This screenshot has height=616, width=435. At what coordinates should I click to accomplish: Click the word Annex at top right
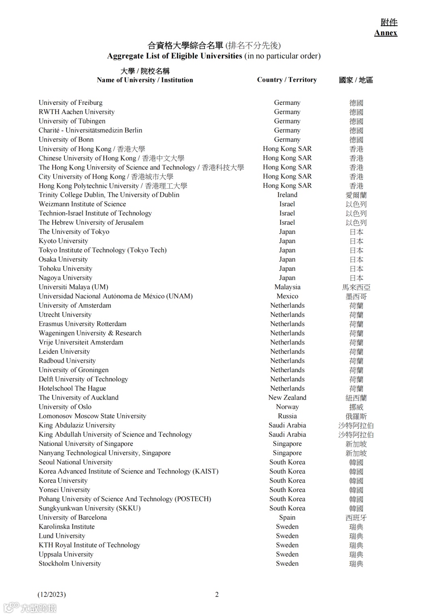(x=385, y=33)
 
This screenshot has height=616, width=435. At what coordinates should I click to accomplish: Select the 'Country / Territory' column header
(x=287, y=80)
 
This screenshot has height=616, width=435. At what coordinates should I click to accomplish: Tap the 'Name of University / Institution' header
(x=145, y=80)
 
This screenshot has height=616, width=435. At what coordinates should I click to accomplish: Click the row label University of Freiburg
(x=70, y=103)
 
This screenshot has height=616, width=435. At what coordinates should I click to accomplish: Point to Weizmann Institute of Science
(x=82, y=204)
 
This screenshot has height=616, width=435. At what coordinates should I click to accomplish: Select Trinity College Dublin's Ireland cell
(x=287, y=195)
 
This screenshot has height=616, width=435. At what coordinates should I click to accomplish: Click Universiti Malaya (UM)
(x=73, y=287)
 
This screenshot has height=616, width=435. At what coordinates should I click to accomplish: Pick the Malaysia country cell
(x=287, y=287)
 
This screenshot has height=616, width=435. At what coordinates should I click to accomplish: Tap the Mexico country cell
(x=287, y=296)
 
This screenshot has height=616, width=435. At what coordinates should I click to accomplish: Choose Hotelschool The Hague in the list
(x=72, y=389)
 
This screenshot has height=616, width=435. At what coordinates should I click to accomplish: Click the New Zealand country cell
(x=287, y=398)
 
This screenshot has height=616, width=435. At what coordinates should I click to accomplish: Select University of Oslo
(x=65, y=407)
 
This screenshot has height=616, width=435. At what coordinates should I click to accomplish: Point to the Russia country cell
(x=287, y=416)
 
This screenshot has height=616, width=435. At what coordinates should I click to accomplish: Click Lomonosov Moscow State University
(x=92, y=416)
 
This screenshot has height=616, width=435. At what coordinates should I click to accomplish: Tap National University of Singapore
(x=86, y=444)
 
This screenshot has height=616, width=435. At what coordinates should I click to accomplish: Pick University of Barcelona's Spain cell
(x=287, y=518)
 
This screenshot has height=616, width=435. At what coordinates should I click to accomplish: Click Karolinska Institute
(x=66, y=527)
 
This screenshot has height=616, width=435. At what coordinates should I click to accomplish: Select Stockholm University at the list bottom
(x=70, y=564)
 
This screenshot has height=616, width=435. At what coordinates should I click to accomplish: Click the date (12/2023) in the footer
(x=52, y=595)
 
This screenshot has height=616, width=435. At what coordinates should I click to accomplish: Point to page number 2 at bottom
(x=217, y=595)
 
